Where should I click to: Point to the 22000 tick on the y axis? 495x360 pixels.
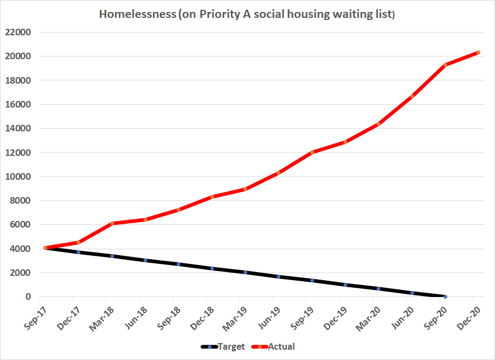[18, 32]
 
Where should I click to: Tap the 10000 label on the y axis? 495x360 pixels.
[18, 176]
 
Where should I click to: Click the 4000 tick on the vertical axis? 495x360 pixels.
[21, 249]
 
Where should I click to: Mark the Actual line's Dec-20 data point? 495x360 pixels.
[478, 53]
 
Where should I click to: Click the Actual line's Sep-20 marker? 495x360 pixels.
[445, 65]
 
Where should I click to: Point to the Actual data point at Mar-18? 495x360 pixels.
[112, 224]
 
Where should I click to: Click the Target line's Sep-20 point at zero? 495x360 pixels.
[445, 296]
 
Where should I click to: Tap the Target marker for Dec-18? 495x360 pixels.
[212, 268]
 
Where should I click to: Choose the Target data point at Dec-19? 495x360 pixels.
[345, 285]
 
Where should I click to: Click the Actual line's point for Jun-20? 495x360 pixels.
[412, 97]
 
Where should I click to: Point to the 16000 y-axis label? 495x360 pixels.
[18, 104]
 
